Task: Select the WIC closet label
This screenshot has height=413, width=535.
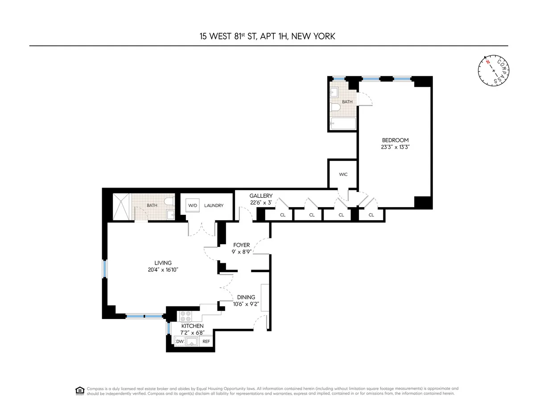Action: (343, 174)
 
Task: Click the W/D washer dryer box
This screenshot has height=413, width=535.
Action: (193, 206)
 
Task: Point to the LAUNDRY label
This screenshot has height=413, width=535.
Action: (214, 206)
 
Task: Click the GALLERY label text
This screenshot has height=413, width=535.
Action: (261, 196)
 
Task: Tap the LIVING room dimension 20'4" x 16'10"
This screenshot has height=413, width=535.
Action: (160, 270)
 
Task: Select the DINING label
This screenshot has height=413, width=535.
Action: (246, 297)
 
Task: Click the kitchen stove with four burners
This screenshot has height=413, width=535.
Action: (185, 316)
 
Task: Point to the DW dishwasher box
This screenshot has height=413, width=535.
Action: (180, 342)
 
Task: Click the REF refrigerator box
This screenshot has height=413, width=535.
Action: (206, 342)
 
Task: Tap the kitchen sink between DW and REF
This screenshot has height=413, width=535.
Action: (193, 342)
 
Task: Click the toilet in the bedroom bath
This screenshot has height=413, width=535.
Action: (336, 108)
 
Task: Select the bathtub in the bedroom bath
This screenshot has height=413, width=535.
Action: (343, 123)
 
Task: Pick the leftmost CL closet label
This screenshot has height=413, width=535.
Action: (283, 215)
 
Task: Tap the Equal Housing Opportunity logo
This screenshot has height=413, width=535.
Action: (80, 391)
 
